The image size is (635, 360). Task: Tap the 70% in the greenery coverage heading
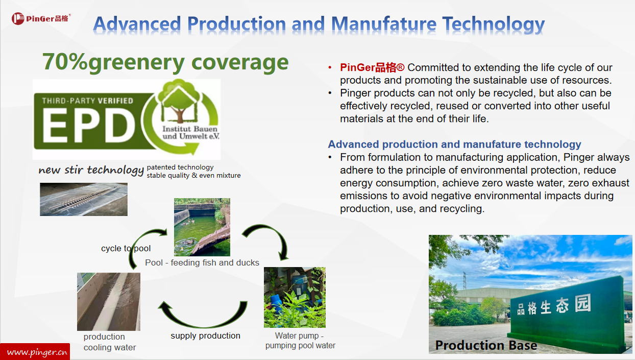(65, 62)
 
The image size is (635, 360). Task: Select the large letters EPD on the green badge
(89, 126)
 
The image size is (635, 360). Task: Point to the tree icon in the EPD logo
(179, 102)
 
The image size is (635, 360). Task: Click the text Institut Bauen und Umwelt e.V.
(190, 132)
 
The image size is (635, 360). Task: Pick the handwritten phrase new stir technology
(91, 170)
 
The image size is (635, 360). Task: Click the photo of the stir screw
(84, 199)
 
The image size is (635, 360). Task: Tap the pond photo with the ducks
(202, 227)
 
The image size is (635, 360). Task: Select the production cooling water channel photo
(109, 302)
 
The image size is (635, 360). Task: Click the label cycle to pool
(126, 248)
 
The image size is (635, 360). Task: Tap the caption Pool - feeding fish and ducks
(202, 262)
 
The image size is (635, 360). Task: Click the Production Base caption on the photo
(486, 345)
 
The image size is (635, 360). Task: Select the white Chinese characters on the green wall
(554, 305)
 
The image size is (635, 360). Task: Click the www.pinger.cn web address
(37, 352)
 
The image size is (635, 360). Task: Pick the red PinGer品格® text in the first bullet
(372, 67)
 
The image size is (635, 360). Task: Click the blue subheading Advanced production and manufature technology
(454, 145)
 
